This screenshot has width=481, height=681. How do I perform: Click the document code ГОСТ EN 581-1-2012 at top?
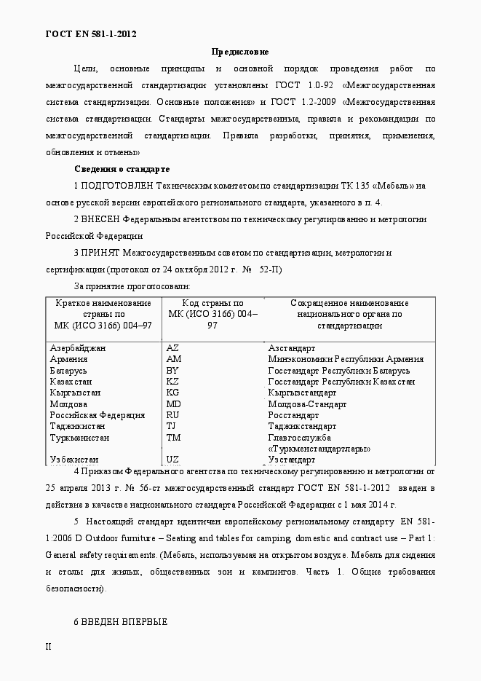[x=91, y=34]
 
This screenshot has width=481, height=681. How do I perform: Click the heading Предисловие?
[x=240, y=52]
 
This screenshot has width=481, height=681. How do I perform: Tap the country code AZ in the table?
[x=172, y=348]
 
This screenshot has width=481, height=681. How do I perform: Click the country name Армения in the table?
[x=70, y=359]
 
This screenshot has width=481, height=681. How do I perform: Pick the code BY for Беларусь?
[x=172, y=370]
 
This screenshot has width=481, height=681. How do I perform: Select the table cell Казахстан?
[x=71, y=382]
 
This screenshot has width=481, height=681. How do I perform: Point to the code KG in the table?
[x=172, y=393]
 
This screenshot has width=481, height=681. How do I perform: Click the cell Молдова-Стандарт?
[x=307, y=404]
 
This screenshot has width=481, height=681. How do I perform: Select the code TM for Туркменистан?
[x=173, y=438]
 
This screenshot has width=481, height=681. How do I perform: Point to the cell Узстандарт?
[x=292, y=460]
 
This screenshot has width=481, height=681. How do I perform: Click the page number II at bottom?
[x=49, y=646]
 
